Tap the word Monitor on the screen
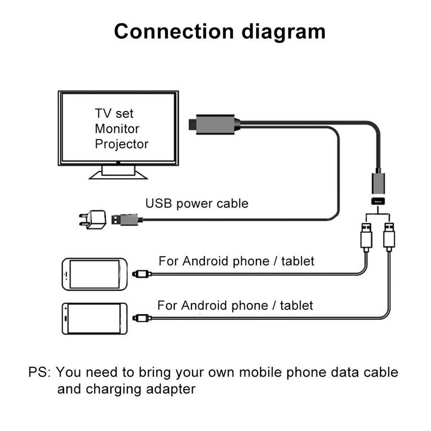pyautogui.click(x=117, y=128)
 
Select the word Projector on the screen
pyautogui.click(x=122, y=144)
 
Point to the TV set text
pyautogui.click(x=114, y=113)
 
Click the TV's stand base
pyautogui.click(x=118, y=174)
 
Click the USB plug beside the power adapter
pyautogui.click(x=127, y=220)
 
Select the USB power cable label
pyautogui.click(x=197, y=203)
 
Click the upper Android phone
pyautogui.click(x=94, y=274)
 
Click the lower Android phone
pyautogui.click(x=94, y=318)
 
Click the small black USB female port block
pyautogui.click(x=377, y=202)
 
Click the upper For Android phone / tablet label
pyautogui.click(x=237, y=261)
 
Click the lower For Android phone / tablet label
pyautogui.click(x=235, y=305)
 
